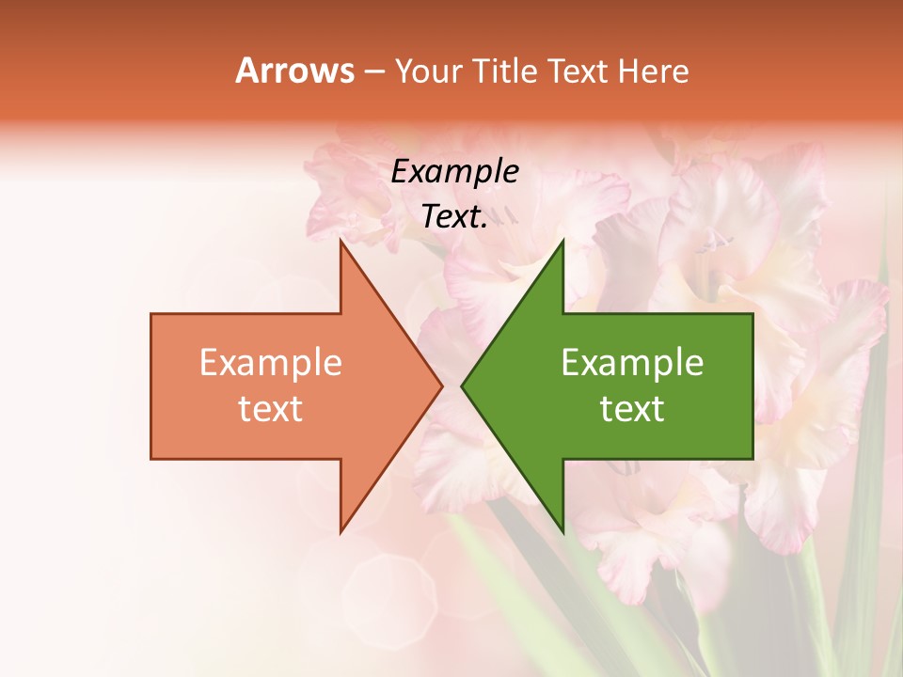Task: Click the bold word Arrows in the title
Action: point(294,71)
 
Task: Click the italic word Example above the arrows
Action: point(454,172)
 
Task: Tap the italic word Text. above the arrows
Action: point(454,217)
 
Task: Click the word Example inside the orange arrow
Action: point(271,363)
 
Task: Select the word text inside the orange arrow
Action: point(271,409)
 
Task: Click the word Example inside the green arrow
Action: point(632,363)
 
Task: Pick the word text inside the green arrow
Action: point(632,409)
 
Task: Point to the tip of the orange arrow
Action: point(443,386)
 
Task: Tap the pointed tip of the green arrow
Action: point(461,386)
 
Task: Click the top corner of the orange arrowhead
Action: point(341,240)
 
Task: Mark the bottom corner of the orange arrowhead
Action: point(341,532)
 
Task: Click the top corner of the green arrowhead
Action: point(562,240)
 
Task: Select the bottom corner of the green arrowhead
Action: point(562,532)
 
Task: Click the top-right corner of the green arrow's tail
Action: point(752,313)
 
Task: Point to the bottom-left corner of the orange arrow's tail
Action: point(151,459)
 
